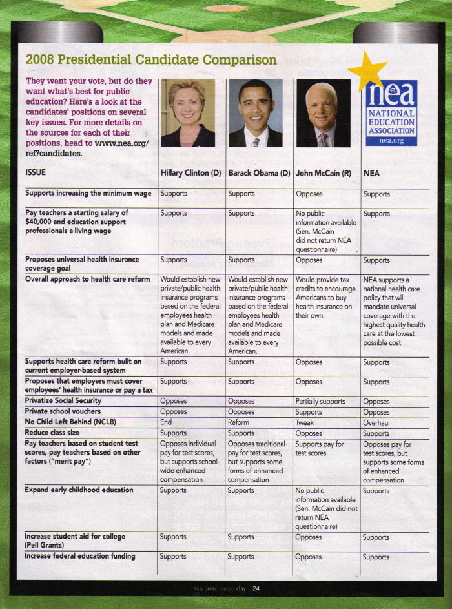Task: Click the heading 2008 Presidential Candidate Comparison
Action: pyautogui.click(x=151, y=60)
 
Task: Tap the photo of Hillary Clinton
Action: pyautogui.click(x=188, y=113)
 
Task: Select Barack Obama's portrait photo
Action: pyautogui.click(x=256, y=113)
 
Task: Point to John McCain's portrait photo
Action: pyautogui.click(x=323, y=113)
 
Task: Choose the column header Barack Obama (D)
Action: pyautogui.click(x=258, y=173)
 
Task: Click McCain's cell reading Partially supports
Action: pyautogui.click(x=320, y=401)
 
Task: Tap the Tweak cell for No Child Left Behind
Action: pyautogui.click(x=305, y=422)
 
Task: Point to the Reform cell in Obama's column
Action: pyautogui.click(x=239, y=422)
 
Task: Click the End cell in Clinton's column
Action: pyautogui.click(x=167, y=422)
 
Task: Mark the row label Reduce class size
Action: pyautogui.click(x=54, y=433)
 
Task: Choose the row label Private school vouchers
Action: pyautogui.click(x=63, y=411)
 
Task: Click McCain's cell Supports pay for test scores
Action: pyautogui.click(x=320, y=449)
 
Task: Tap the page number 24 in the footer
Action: pyautogui.click(x=256, y=588)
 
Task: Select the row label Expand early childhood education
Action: pyautogui.click(x=79, y=490)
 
